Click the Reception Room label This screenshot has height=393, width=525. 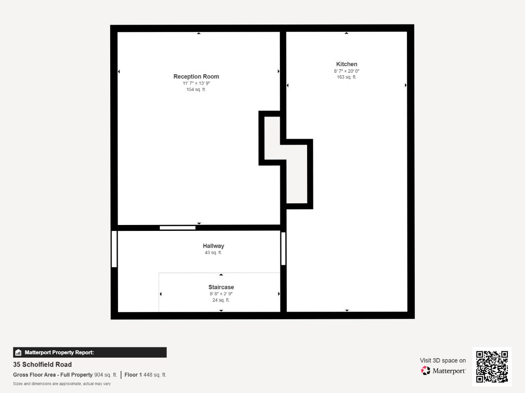(x=196, y=77)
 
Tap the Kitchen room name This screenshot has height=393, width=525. (x=346, y=64)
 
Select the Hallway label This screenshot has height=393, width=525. (x=213, y=246)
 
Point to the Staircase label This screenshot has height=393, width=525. (x=221, y=287)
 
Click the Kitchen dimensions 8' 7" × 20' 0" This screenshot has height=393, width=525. (x=346, y=71)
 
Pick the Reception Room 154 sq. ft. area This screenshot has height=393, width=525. (x=196, y=89)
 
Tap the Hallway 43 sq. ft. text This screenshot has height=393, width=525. (x=213, y=253)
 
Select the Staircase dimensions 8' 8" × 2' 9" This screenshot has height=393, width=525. (x=221, y=294)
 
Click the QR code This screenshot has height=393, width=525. (x=492, y=366)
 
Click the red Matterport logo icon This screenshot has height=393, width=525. (x=426, y=370)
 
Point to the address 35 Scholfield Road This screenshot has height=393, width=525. (x=42, y=365)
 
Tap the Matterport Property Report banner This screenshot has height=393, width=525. (x=90, y=353)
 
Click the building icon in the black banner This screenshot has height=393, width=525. (x=18, y=353)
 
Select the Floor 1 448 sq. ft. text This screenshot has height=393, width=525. (x=145, y=375)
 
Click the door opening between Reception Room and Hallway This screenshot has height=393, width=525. (x=178, y=228)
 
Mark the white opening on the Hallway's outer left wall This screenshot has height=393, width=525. (x=114, y=249)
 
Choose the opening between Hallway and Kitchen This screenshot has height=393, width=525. (x=283, y=249)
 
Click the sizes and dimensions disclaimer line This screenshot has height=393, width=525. (x=62, y=384)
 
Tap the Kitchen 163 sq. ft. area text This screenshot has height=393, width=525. (x=346, y=77)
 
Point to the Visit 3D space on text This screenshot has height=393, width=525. (x=443, y=361)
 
